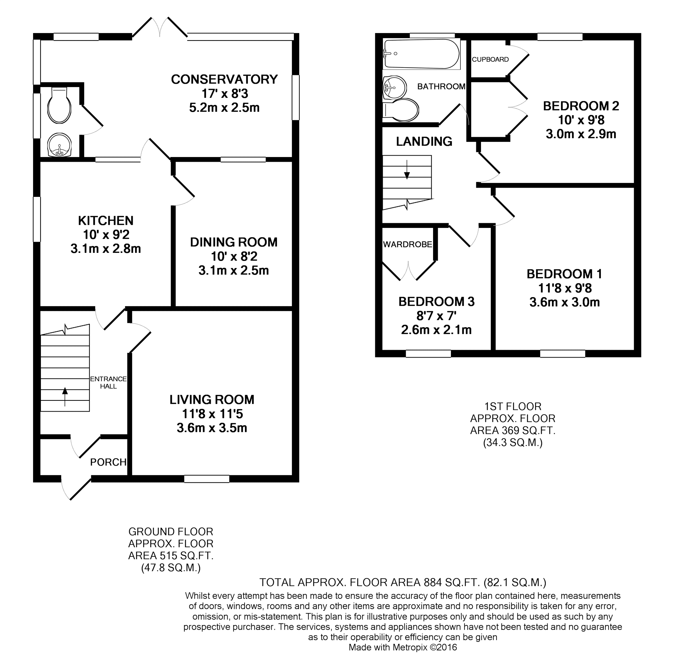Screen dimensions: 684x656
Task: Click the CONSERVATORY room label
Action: (x=224, y=80)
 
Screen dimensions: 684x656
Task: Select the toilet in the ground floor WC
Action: (x=60, y=105)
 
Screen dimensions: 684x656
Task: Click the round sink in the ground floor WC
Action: (x=59, y=145)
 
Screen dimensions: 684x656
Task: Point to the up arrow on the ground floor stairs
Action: (x=65, y=396)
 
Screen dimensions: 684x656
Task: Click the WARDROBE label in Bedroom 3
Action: (x=408, y=244)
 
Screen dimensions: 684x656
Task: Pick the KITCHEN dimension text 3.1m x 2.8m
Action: (x=106, y=249)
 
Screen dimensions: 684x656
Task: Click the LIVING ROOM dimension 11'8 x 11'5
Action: (x=212, y=414)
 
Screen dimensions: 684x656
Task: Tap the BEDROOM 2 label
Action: (x=581, y=106)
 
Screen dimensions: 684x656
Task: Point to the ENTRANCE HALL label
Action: (x=108, y=383)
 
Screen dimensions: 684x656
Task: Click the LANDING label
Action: (x=424, y=141)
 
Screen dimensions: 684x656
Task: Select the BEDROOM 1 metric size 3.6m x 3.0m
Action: (x=565, y=302)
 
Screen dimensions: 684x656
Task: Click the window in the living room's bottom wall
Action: (x=207, y=479)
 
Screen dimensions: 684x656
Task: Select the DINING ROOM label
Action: (x=234, y=242)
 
